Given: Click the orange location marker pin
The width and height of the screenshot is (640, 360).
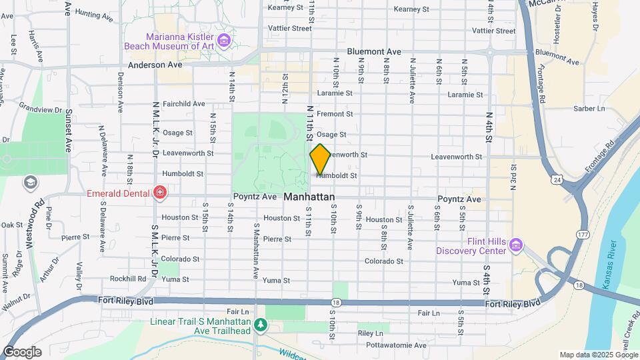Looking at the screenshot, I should (x=320, y=159).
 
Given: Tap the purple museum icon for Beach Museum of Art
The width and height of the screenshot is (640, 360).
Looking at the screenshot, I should (x=224, y=42).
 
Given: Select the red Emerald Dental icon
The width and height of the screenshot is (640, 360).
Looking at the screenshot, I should (x=159, y=194).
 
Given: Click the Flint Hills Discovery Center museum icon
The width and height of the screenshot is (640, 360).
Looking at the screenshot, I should (x=515, y=245).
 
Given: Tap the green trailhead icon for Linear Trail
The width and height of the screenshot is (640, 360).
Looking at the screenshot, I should (x=261, y=325).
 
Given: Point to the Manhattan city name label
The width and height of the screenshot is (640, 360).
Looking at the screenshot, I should (x=309, y=198).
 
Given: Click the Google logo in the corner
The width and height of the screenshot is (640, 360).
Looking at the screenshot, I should (x=21, y=351).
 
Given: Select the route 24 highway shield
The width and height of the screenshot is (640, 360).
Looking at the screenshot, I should (x=555, y=179).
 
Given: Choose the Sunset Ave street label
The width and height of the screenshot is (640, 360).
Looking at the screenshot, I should (x=68, y=136).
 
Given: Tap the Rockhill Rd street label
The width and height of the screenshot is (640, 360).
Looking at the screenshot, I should (x=128, y=279).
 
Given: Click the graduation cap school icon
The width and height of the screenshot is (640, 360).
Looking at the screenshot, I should (x=30, y=182).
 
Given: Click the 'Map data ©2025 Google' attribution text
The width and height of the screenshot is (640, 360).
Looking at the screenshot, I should (x=598, y=355).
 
